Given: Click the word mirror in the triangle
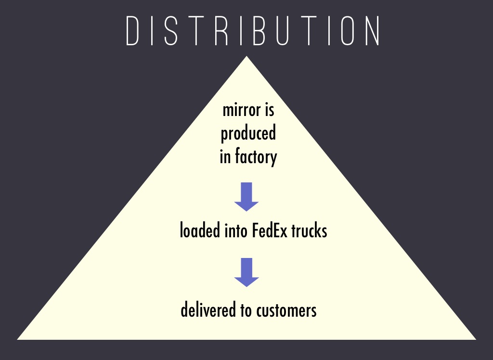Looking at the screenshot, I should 238,110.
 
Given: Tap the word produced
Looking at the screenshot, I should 248,134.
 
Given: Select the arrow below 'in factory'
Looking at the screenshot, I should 246,196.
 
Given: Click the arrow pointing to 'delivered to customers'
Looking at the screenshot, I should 246,272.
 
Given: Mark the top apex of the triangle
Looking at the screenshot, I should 246,57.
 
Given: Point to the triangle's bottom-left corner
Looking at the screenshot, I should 18,339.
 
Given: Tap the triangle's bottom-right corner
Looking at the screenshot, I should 475,339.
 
